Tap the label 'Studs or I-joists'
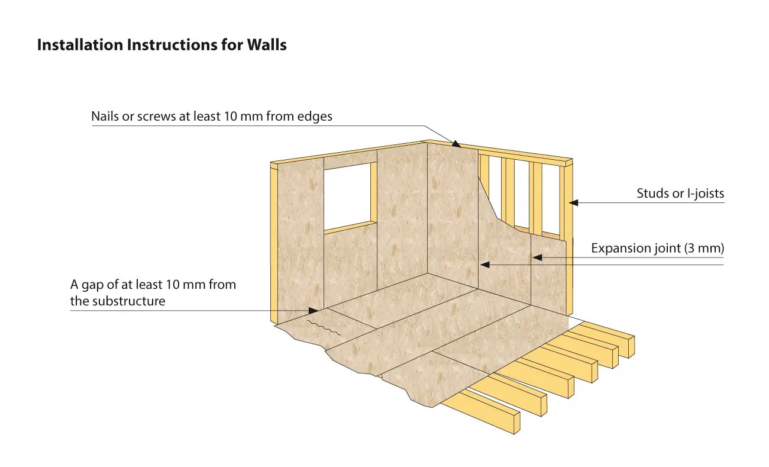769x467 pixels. click(x=680, y=194)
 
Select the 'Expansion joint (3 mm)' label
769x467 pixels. click(x=657, y=249)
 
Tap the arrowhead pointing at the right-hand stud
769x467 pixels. click(x=573, y=202)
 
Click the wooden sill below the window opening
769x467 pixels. click(x=350, y=226)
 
